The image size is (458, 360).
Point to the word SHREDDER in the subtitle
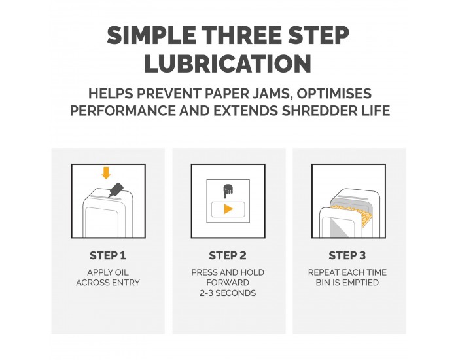click(x=318, y=111)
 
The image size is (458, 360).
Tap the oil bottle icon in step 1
click(x=115, y=190)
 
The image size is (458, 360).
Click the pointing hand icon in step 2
click(x=228, y=191)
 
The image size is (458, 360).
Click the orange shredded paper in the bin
click(x=353, y=215)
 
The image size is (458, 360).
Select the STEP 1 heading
click(x=108, y=255)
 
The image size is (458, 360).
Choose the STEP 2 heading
click(x=228, y=255)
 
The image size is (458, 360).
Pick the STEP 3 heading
click(x=347, y=255)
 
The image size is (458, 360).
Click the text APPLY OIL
click(x=108, y=272)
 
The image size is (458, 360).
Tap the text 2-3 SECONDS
click(x=228, y=293)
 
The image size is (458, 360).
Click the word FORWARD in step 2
click(x=228, y=283)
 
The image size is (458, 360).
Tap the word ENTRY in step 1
click(x=127, y=283)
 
